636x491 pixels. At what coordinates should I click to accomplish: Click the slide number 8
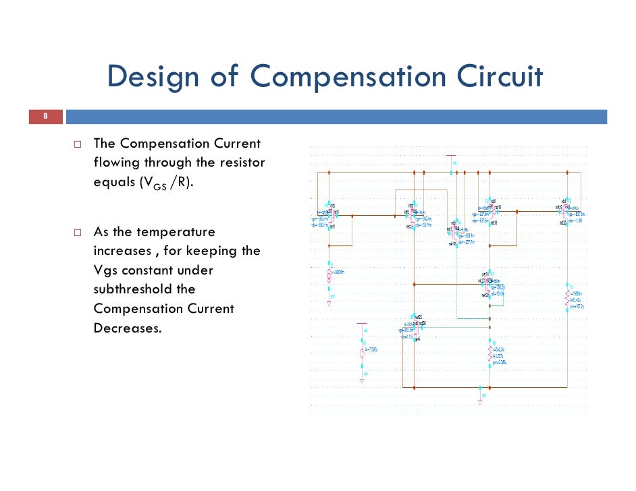click(x=45, y=117)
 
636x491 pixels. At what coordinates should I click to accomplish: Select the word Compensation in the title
click(x=348, y=77)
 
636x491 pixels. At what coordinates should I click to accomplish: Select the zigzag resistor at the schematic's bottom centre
click(x=490, y=353)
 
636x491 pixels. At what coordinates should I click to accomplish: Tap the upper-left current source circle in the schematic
click(x=329, y=275)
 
